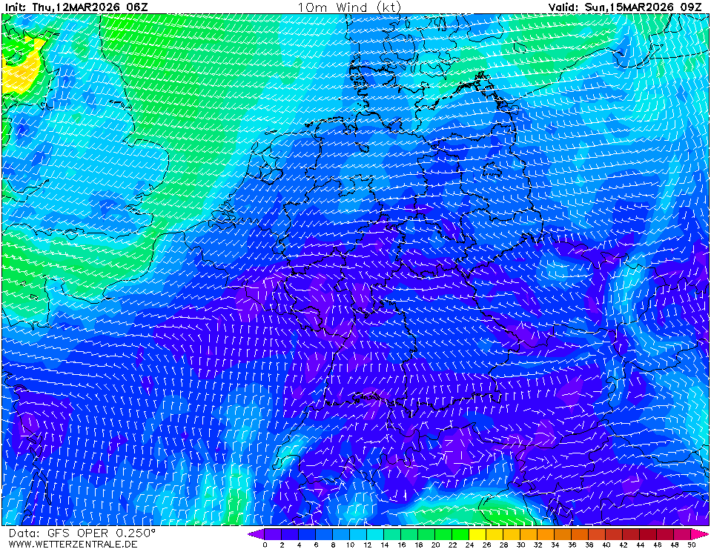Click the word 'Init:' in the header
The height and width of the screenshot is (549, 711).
point(16,7)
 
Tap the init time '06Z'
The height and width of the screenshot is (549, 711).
point(138,7)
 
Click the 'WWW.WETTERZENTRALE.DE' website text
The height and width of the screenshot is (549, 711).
point(73,544)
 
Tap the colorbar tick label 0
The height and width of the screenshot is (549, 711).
point(265,545)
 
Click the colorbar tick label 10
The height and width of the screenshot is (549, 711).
point(350,545)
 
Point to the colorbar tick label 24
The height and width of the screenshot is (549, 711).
point(469,545)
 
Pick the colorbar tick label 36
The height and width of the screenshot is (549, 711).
point(572,545)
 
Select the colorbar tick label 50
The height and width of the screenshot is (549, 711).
point(691,545)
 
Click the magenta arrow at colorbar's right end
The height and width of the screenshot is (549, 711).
point(704,533)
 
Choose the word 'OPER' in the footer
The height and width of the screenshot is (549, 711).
point(93,533)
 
